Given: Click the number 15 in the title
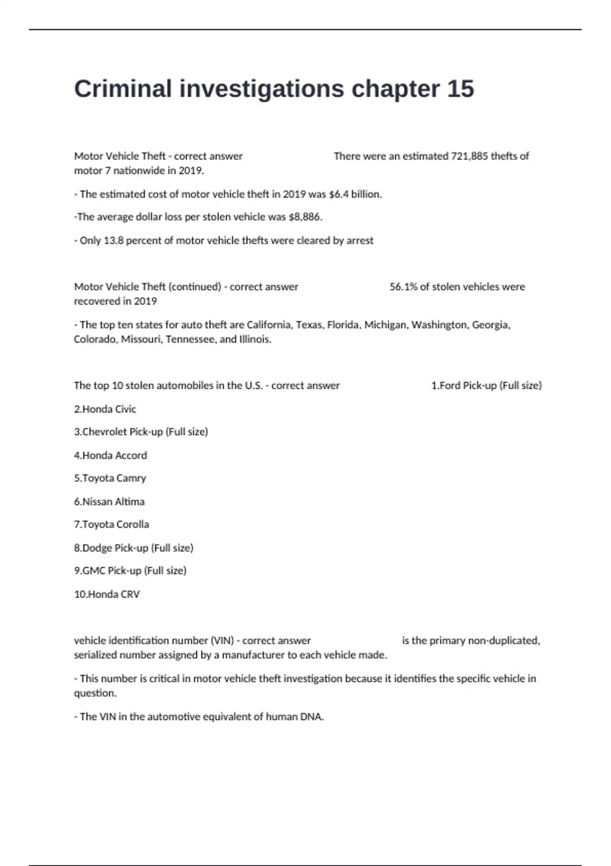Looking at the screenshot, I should click(460, 89).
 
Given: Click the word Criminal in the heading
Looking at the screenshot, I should click(123, 89).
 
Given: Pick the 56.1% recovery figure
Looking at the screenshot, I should click(403, 287).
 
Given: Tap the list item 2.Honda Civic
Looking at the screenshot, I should click(105, 409).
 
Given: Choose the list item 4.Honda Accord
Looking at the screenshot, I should click(110, 455).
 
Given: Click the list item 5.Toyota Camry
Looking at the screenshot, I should click(110, 478).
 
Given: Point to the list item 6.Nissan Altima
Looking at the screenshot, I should click(109, 502).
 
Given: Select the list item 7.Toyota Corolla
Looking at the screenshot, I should click(112, 525).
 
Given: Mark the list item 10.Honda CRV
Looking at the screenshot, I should click(107, 594).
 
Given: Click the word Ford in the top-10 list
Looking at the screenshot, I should click(450, 386).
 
